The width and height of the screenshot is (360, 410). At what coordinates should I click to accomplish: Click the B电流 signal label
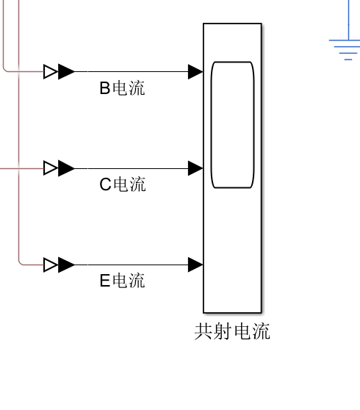[122, 88]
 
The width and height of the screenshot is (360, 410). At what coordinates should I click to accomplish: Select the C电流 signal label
[123, 184]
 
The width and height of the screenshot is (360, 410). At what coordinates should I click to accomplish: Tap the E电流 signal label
[122, 281]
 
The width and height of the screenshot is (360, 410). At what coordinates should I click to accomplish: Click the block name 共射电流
[232, 331]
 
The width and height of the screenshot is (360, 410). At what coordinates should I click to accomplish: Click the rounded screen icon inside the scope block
[232, 125]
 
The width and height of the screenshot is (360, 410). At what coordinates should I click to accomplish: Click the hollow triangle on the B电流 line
[51, 72]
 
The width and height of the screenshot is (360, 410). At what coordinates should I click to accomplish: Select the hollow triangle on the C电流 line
[51, 168]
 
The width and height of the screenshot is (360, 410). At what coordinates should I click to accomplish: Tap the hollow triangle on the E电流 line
[51, 265]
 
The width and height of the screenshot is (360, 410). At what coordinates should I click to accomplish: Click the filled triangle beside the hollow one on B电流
[66, 72]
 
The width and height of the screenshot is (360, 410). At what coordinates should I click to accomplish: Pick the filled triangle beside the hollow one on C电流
[66, 168]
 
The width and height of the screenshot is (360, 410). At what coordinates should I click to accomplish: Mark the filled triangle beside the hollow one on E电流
[66, 265]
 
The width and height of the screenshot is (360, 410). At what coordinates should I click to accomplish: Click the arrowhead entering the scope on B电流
[195, 72]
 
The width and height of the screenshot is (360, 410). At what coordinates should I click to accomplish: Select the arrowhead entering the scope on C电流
[195, 168]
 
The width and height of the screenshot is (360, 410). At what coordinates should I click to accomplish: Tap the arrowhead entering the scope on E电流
[195, 265]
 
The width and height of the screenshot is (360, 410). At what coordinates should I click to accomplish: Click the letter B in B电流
[105, 88]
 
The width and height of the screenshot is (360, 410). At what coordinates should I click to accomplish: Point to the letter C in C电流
[105, 184]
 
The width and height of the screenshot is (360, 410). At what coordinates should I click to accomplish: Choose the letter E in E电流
[105, 281]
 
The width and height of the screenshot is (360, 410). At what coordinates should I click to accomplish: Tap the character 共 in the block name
[204, 331]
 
